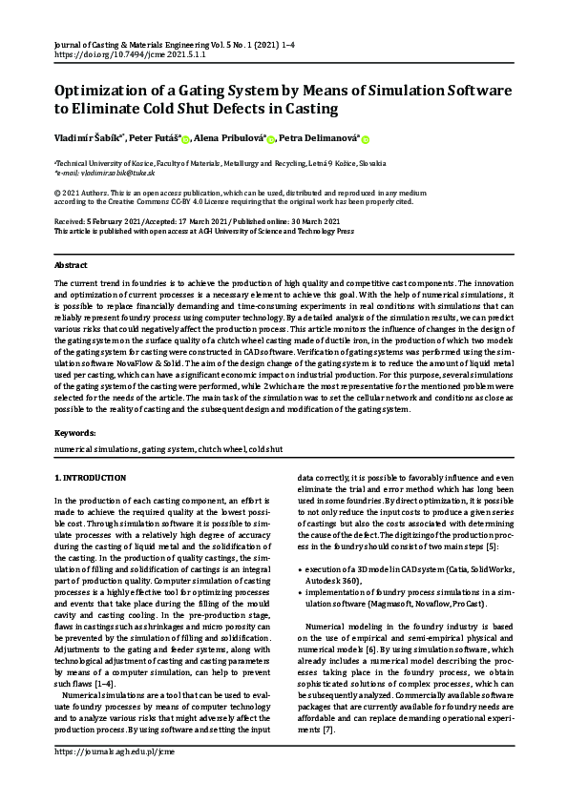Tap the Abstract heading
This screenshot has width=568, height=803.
pos(71,264)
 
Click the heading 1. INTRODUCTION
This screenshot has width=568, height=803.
pos(90,476)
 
